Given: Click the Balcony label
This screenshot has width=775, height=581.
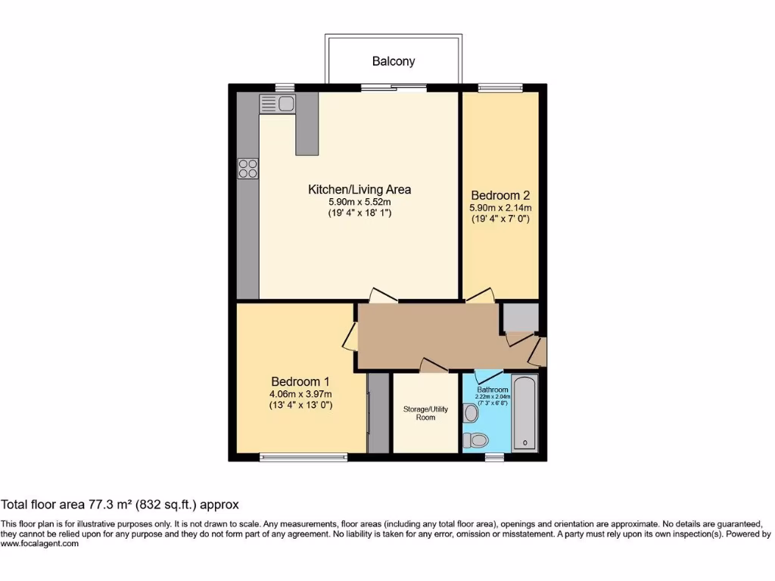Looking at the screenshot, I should (x=393, y=61).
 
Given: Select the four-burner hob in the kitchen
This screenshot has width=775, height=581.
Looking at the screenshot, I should (x=247, y=168).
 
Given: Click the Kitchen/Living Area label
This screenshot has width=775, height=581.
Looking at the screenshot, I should (x=359, y=189).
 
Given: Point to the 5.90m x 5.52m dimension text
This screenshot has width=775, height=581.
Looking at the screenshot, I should (x=359, y=202).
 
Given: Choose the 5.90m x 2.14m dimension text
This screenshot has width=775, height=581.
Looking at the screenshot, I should (x=500, y=207).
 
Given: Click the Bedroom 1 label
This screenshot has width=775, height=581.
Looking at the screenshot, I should (x=300, y=381).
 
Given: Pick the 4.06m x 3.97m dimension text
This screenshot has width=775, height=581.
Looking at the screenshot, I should (x=300, y=393).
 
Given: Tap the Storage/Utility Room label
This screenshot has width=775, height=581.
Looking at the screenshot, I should (x=425, y=413).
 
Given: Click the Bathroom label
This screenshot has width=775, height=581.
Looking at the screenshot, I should (x=487, y=390).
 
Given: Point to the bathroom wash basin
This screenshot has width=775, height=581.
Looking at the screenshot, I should (x=471, y=412).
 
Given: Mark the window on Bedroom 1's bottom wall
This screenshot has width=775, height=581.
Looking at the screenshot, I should (x=303, y=456).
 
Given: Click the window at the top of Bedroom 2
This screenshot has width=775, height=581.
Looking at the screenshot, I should (x=500, y=87).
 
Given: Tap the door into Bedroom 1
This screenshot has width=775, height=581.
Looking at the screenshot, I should (x=350, y=337).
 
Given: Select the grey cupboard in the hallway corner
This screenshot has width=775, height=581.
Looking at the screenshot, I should (x=519, y=318).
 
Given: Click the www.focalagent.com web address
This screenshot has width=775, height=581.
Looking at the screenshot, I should (x=40, y=544).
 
